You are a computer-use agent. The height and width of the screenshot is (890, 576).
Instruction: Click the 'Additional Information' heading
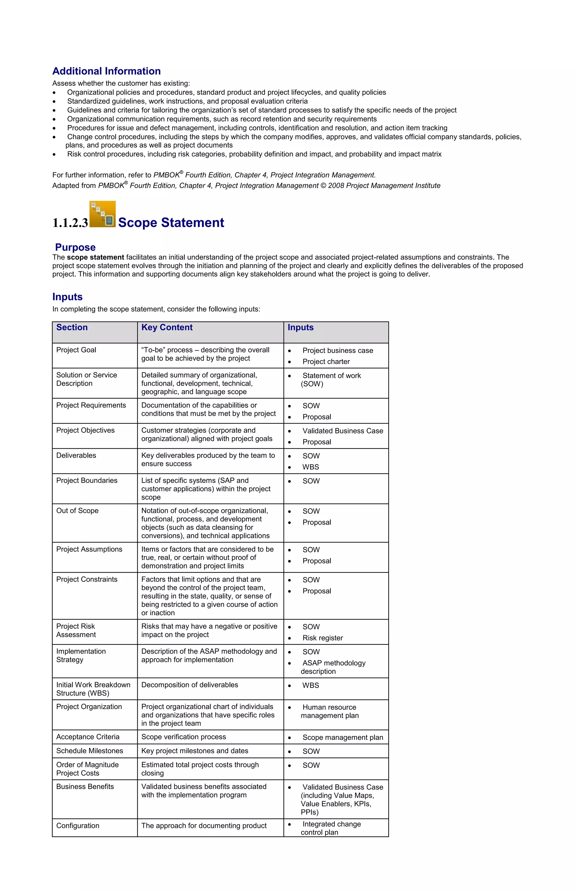[106, 71]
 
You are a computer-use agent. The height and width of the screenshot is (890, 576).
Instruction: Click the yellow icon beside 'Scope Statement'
[102, 214]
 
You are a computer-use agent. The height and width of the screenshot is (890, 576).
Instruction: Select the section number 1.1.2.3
[70, 223]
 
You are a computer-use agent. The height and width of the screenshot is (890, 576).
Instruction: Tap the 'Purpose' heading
[75, 247]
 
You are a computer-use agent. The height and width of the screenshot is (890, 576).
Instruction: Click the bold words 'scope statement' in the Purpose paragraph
[95, 257]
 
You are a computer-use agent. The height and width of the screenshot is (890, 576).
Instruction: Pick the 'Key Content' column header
[167, 327]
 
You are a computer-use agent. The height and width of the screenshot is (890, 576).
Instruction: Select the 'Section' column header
[72, 327]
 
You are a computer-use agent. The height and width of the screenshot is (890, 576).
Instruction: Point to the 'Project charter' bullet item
[326, 362]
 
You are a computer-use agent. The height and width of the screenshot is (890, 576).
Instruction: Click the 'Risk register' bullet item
[322, 638]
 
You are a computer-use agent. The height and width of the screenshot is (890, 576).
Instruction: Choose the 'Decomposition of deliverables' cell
[190, 685]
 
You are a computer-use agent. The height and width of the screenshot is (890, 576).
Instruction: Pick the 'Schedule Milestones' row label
[89, 751]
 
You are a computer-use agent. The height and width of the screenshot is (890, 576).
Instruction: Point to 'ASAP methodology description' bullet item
[334, 667]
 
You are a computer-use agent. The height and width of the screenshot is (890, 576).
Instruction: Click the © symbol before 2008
[323, 186]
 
